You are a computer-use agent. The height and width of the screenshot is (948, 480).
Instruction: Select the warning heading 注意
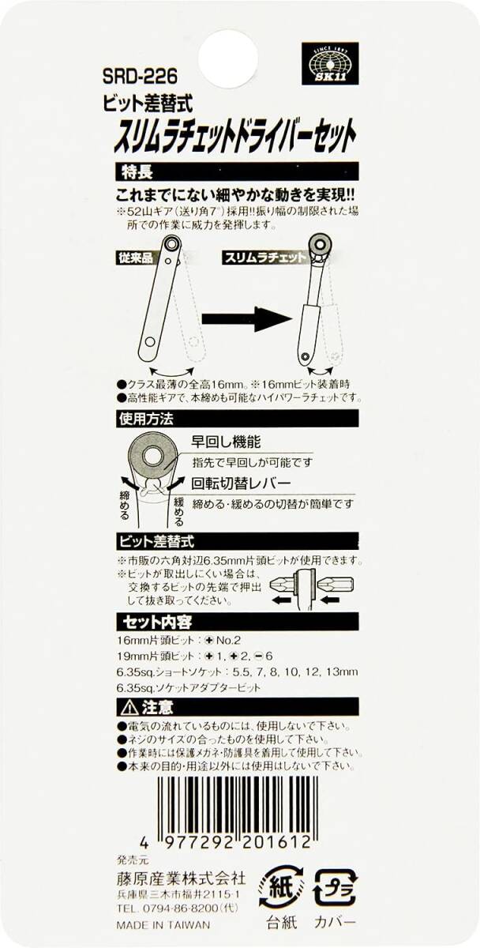(144, 705)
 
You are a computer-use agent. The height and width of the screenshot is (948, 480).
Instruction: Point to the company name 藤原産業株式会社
(170, 879)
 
